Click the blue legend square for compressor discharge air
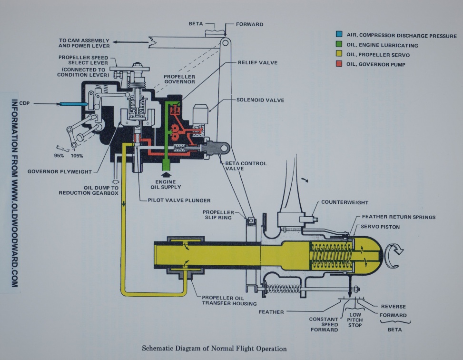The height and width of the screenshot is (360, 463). (339, 35)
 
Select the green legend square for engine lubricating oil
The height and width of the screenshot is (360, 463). (339, 45)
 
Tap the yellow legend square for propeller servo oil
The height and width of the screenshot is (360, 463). (339, 55)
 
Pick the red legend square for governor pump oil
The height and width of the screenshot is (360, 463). (339, 64)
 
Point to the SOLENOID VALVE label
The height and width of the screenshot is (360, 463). (260, 100)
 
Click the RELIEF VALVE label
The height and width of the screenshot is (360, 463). (258, 62)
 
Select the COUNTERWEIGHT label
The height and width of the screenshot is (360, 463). (345, 202)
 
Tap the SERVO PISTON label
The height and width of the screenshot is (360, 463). (380, 227)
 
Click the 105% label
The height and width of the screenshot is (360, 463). (77, 156)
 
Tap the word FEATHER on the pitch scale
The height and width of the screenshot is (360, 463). (271, 312)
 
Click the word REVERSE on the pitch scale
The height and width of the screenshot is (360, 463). (393, 307)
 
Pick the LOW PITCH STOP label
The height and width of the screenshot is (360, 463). (355, 320)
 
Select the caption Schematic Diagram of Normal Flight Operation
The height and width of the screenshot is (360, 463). (215, 349)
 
